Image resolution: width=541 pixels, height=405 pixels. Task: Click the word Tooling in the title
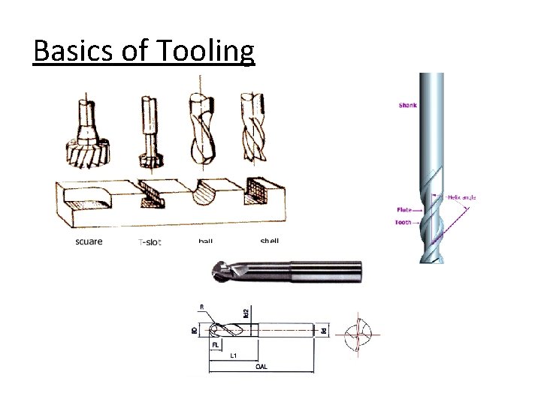coord(206,51)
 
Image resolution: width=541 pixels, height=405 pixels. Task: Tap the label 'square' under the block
coord(89,241)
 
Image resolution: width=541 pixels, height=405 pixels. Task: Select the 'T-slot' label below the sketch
coord(150,241)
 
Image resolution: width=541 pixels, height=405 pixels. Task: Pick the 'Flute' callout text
coord(404,211)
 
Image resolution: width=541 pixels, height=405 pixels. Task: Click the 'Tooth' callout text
coord(403,223)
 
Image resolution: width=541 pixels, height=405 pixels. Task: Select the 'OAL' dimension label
coord(260,367)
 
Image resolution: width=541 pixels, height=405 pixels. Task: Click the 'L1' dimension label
coord(234,355)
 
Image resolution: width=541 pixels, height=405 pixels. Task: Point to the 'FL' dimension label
coord(215,345)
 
